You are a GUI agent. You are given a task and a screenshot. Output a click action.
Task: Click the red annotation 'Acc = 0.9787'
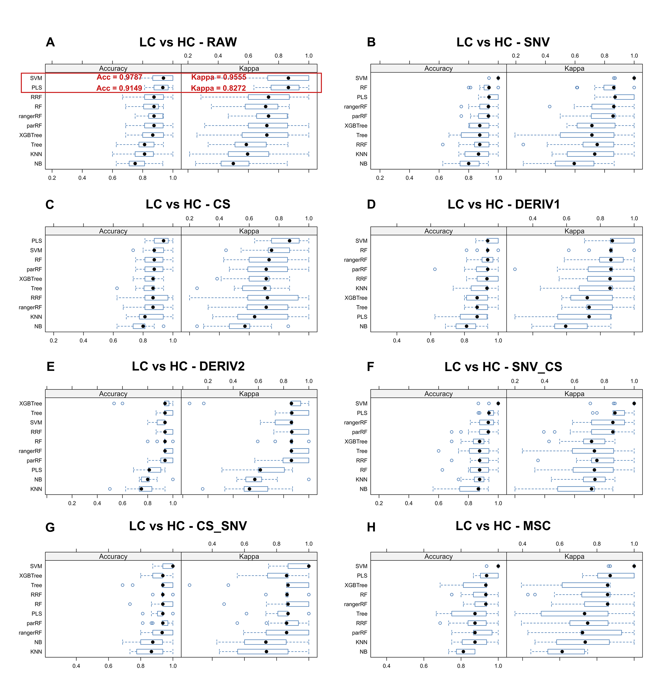click(119, 77)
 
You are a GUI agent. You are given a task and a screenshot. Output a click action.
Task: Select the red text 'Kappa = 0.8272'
click(218, 88)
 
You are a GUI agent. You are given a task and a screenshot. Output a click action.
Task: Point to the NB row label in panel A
click(38, 164)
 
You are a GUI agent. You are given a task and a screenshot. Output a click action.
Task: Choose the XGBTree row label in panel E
click(31, 404)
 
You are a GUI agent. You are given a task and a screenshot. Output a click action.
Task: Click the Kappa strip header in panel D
click(574, 231)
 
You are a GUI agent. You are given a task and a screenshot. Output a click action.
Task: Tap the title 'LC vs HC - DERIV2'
click(188, 367)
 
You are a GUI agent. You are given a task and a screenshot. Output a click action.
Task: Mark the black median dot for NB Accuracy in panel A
click(135, 163)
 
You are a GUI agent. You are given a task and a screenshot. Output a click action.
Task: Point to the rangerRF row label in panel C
click(30, 307)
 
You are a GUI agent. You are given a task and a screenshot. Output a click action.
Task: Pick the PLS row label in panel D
click(362, 317)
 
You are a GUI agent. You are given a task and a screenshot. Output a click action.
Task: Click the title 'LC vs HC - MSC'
click(503, 526)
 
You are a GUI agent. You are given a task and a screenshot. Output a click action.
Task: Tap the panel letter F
click(370, 367)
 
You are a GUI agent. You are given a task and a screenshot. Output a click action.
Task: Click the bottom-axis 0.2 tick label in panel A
click(52, 178)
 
